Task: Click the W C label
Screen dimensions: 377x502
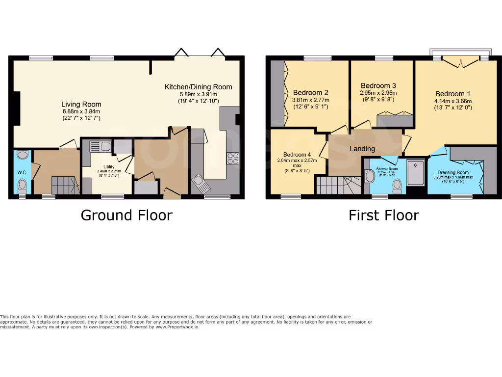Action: (x=22, y=172)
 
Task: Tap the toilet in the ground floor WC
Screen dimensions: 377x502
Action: (x=22, y=186)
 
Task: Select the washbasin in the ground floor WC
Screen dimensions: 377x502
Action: (x=22, y=155)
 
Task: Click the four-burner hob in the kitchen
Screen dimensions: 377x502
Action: (x=232, y=159)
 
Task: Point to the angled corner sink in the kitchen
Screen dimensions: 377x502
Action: (x=201, y=183)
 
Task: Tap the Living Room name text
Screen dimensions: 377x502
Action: (x=81, y=104)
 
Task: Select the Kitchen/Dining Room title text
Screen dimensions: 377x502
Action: (x=198, y=87)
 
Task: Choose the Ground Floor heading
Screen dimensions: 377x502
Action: (x=126, y=215)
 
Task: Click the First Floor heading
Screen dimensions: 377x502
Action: (x=383, y=215)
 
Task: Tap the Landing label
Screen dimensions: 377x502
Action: (x=362, y=149)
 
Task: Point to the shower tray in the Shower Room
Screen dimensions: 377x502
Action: (x=417, y=172)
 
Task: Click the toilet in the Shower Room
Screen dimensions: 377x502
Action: (x=397, y=184)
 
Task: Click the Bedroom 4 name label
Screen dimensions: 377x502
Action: (x=297, y=154)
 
